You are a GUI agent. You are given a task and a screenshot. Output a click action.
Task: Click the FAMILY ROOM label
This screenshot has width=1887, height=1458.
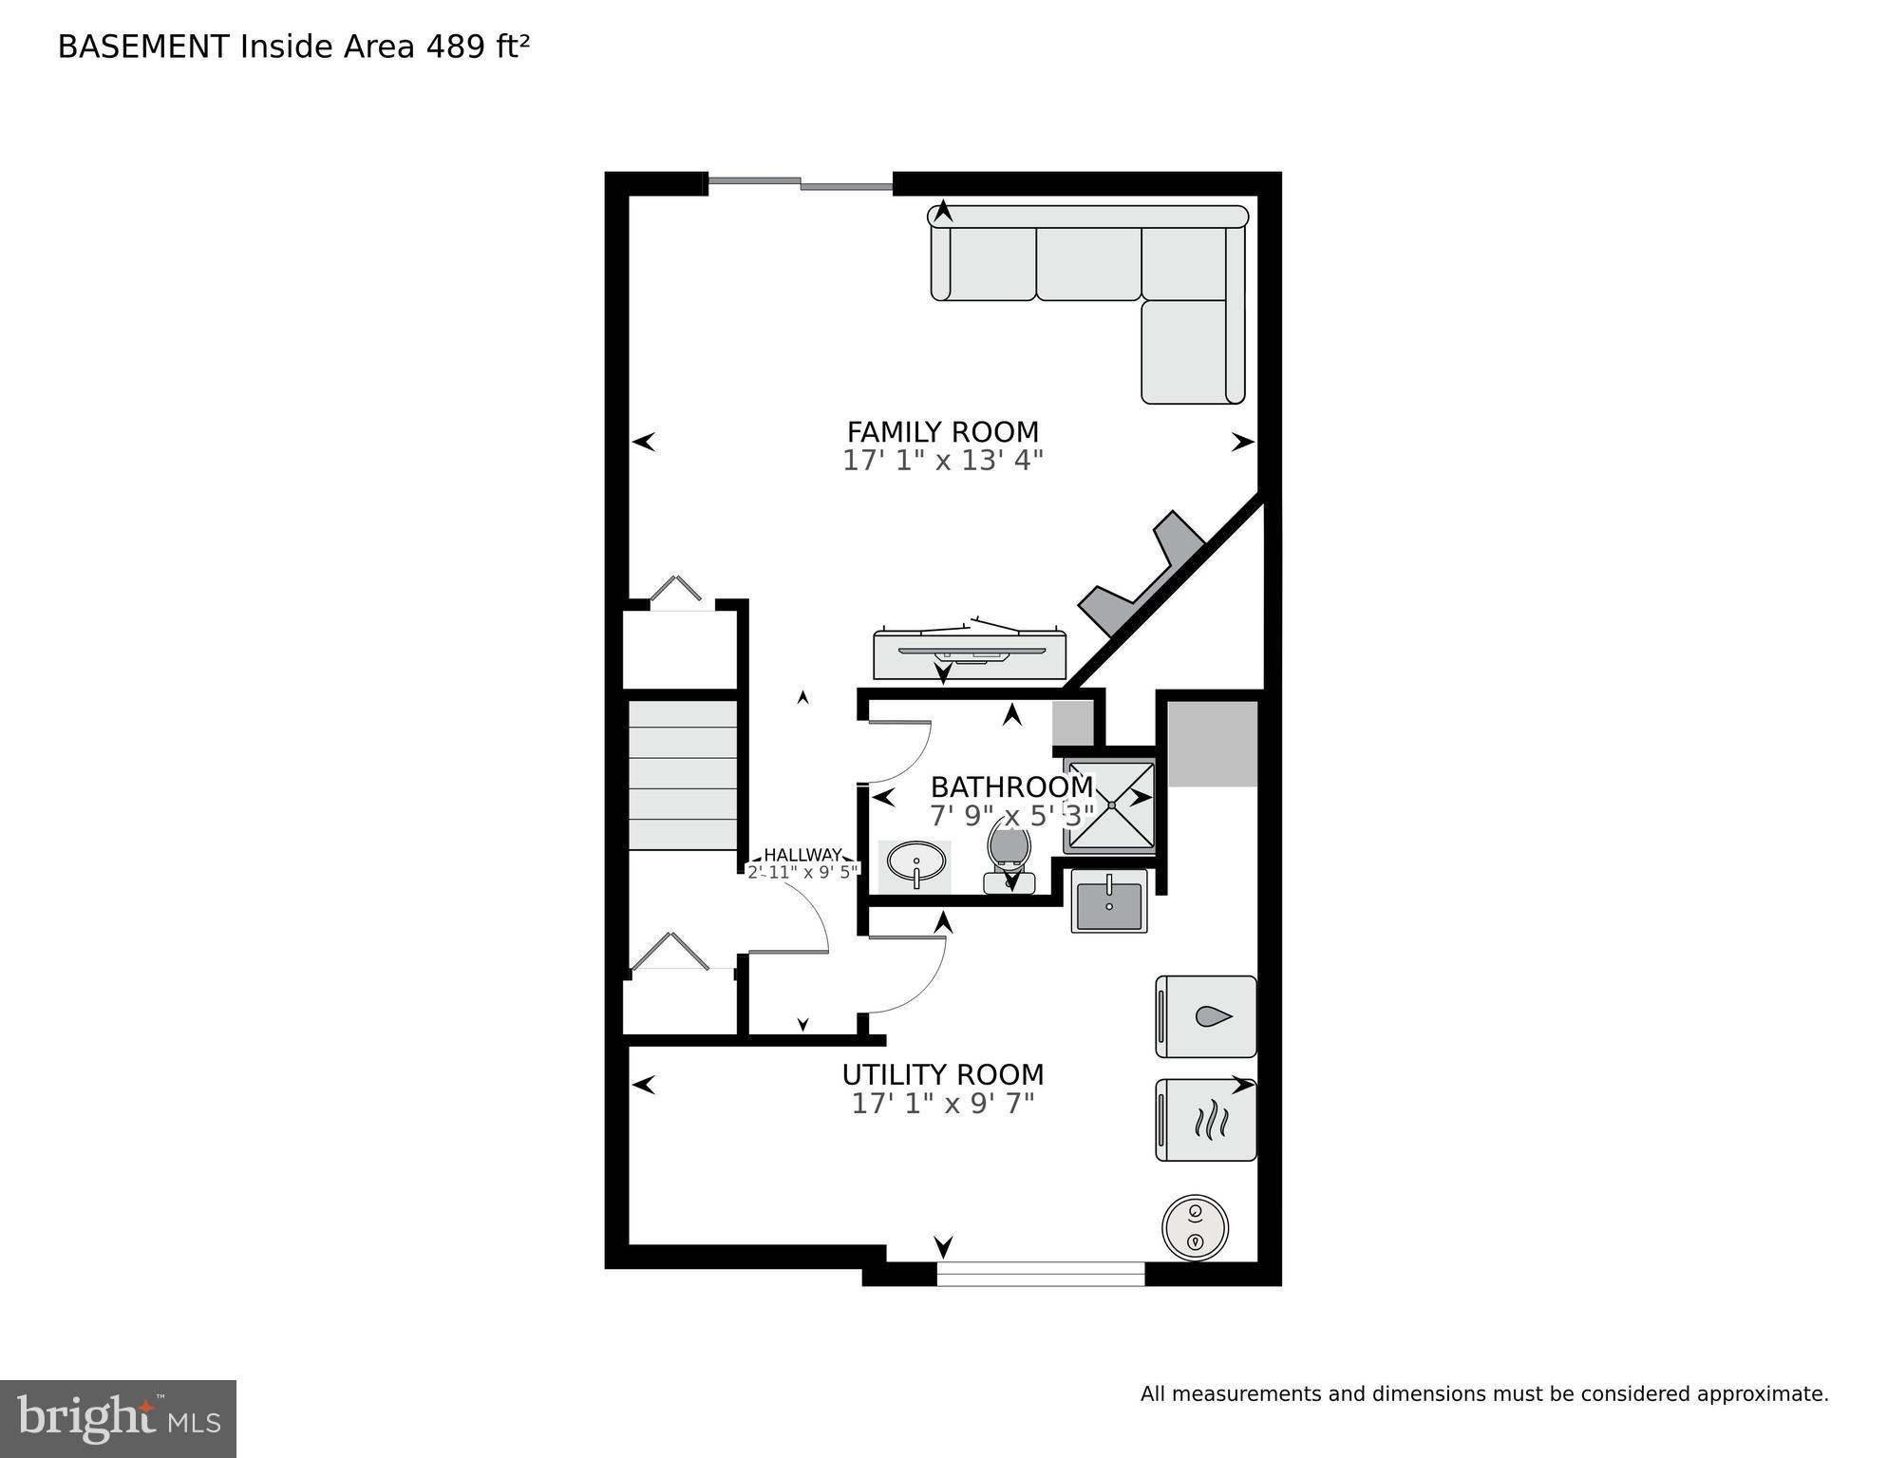(x=942, y=432)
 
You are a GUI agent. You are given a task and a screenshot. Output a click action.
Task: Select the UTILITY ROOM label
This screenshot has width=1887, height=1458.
(x=942, y=1074)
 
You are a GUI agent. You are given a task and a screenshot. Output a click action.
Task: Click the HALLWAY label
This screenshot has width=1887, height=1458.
(x=802, y=854)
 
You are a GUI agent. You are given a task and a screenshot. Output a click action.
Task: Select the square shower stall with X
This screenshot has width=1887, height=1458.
(x=1110, y=805)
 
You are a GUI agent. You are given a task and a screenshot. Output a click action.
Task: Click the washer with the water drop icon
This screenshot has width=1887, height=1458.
(x=1206, y=1016)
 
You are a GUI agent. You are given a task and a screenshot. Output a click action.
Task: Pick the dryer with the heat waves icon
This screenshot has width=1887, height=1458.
(x=1206, y=1120)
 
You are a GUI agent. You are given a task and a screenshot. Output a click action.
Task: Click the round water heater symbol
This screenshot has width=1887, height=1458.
(x=1195, y=1227)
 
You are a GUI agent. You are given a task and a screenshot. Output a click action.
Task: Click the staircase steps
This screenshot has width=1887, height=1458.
(x=683, y=774)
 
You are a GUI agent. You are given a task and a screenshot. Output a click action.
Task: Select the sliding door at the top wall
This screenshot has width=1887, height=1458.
(x=801, y=183)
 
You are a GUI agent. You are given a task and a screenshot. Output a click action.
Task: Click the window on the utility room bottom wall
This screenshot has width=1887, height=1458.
(x=1041, y=1273)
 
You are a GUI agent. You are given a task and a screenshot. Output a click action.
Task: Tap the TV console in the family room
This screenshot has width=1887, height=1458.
(x=969, y=654)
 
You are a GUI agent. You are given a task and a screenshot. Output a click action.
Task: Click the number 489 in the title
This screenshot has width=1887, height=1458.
(x=456, y=47)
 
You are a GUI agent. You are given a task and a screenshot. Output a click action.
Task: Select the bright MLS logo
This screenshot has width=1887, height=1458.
(x=118, y=1418)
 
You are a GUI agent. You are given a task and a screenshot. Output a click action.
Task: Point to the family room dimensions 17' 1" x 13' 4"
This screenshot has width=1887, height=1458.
(x=942, y=461)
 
